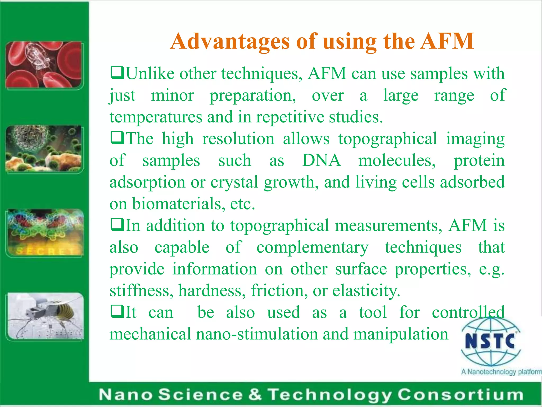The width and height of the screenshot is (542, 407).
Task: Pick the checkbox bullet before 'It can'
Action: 117,312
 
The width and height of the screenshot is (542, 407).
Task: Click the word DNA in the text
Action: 321,160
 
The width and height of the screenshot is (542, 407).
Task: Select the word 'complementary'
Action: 312,247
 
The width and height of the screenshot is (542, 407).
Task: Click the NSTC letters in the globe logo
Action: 490,341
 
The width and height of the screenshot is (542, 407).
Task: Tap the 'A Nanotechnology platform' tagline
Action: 501,372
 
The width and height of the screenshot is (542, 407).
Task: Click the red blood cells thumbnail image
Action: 44,65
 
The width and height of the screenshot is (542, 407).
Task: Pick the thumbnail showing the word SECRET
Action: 45,233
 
